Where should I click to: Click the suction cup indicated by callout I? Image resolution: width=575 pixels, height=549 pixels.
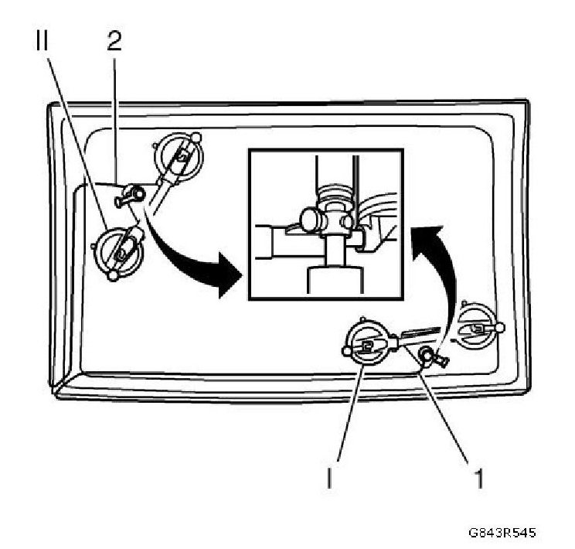point(367,345)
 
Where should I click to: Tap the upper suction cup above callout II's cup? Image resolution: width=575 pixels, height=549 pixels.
point(178,159)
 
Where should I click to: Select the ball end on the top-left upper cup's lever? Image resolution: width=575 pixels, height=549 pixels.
point(197,138)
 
